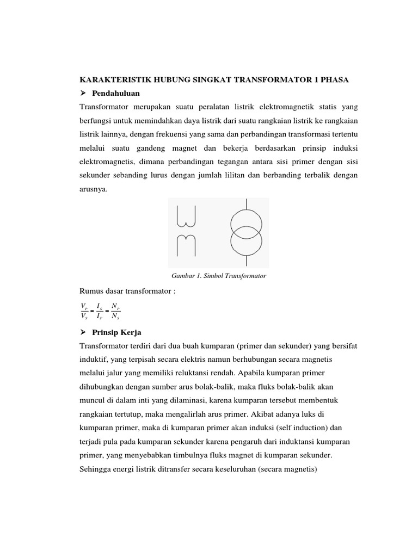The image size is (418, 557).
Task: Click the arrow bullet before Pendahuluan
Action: (83, 94)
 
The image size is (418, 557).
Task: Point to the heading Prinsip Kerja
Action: (117, 332)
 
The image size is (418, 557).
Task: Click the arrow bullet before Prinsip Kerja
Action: (83, 332)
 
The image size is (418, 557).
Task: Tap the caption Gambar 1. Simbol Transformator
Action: (218, 276)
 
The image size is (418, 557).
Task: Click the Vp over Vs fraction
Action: (84, 311)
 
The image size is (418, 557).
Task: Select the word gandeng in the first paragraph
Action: (163, 148)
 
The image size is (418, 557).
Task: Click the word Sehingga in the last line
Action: (96, 469)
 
